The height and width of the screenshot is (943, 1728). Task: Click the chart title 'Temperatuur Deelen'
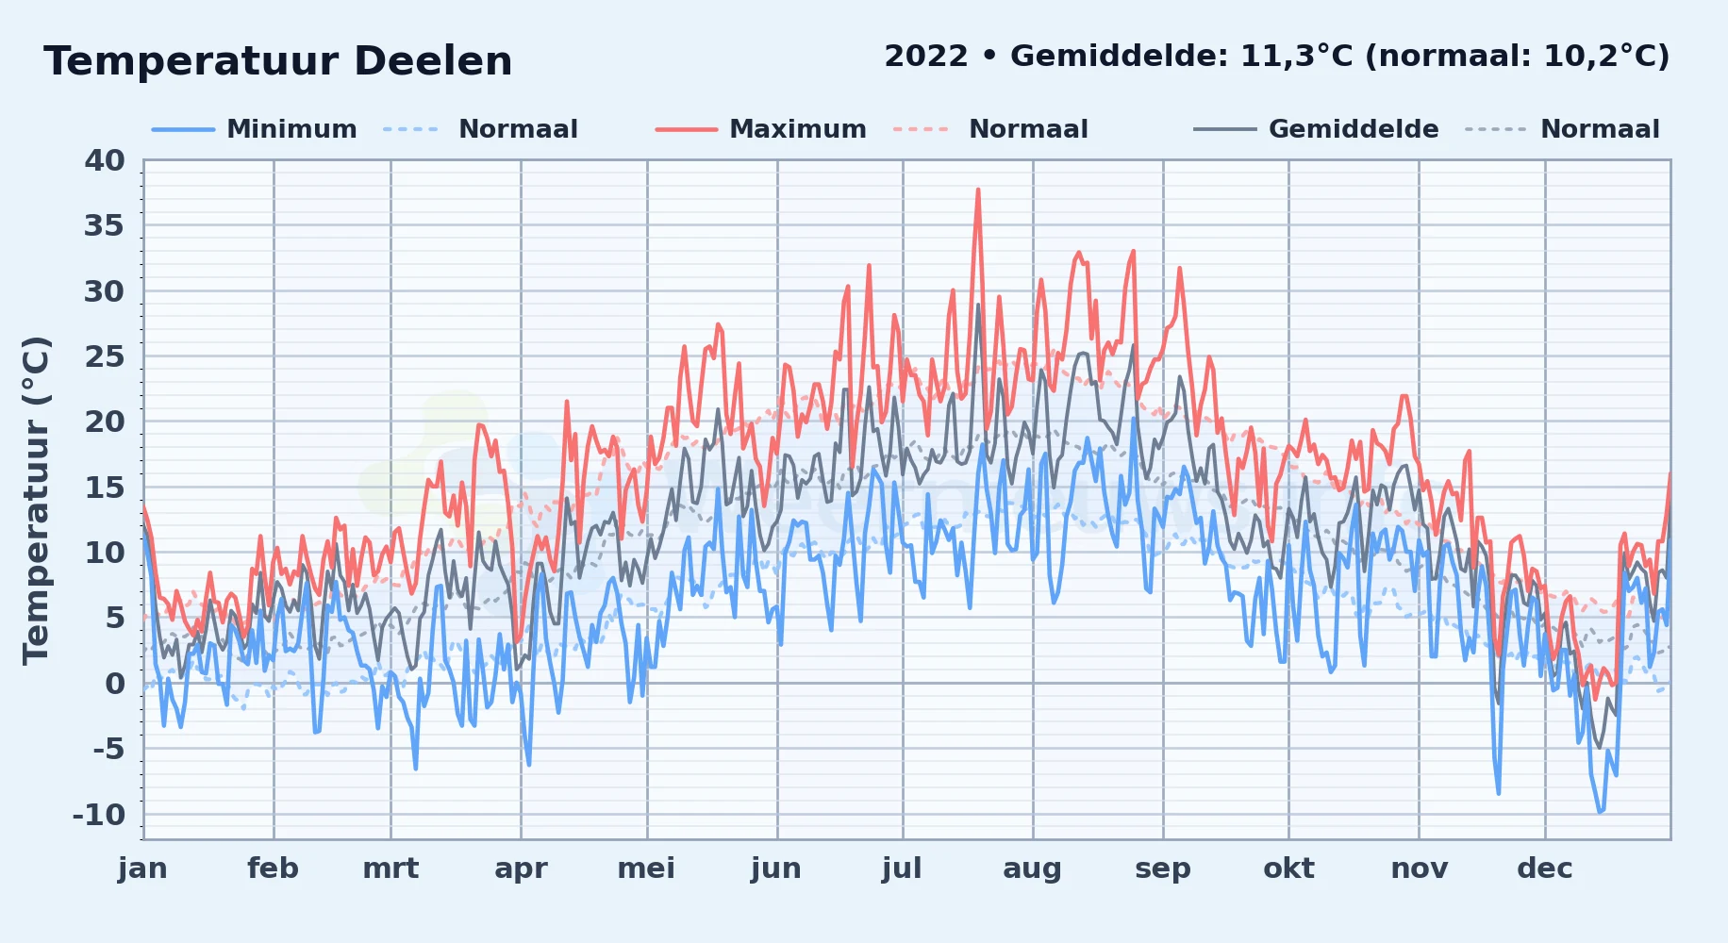point(278,61)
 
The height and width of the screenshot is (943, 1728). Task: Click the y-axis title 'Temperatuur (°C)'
point(36,500)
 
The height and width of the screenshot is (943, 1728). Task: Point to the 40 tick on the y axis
point(105,160)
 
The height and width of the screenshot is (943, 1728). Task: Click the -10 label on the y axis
point(99,815)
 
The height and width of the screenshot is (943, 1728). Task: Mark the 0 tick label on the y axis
point(115,684)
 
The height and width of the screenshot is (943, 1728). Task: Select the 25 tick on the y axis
point(105,356)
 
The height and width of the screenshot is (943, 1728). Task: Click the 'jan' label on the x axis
point(143,869)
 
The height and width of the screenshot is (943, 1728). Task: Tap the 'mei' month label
point(646,869)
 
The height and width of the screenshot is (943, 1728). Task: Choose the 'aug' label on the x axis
point(1032,869)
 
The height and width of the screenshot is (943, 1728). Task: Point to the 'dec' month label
point(1545,869)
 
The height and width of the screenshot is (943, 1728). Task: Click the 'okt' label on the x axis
point(1288,869)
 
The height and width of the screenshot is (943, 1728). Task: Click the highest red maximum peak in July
point(978,190)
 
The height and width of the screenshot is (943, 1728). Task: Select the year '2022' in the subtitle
point(926,57)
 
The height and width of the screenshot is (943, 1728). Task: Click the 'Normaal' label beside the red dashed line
point(1028,129)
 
